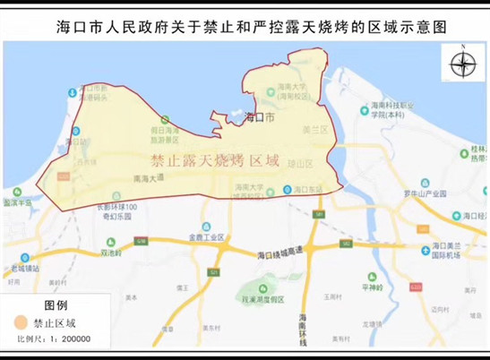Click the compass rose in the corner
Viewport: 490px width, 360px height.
click(x=463, y=64)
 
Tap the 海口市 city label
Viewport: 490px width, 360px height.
click(x=262, y=116)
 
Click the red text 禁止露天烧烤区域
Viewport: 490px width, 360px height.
click(x=216, y=161)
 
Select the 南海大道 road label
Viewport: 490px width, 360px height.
click(x=148, y=178)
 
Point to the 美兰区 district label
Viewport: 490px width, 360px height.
click(x=311, y=131)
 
